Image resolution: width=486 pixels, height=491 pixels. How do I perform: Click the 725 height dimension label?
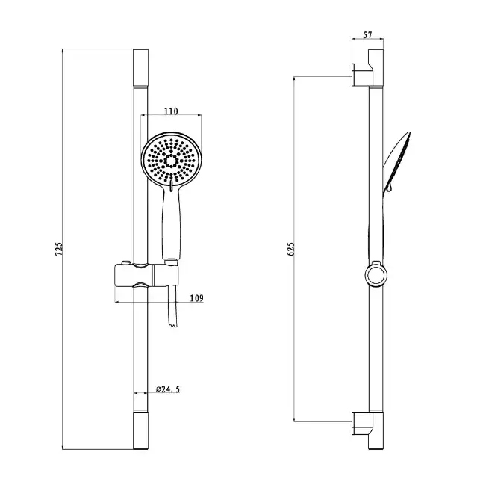(59, 249)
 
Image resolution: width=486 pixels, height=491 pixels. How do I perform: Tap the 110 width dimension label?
(171, 111)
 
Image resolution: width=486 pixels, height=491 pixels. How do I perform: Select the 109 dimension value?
(197, 298)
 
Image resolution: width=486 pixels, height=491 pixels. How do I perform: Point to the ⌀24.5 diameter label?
(168, 389)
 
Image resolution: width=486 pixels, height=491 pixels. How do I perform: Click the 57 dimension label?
(367, 35)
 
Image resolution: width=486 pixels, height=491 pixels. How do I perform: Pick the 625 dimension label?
(291, 249)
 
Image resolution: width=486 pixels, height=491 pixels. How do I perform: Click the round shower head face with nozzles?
(171, 160)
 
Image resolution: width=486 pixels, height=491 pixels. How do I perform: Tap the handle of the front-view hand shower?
(171, 224)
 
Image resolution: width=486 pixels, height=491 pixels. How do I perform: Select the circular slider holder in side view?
(376, 275)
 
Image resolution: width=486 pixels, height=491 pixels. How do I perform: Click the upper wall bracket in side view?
(363, 75)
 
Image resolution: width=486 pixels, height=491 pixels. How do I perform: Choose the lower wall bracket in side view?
(363, 423)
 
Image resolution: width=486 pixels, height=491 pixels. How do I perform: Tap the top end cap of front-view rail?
(141, 68)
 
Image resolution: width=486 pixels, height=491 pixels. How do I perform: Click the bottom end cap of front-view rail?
(141, 430)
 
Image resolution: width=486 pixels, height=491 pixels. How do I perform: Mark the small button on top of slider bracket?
(126, 262)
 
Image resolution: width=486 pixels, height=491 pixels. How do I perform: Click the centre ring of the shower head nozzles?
(171, 161)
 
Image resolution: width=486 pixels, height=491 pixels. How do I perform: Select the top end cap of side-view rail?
(376, 68)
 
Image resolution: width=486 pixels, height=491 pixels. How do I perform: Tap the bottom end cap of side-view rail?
(376, 430)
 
